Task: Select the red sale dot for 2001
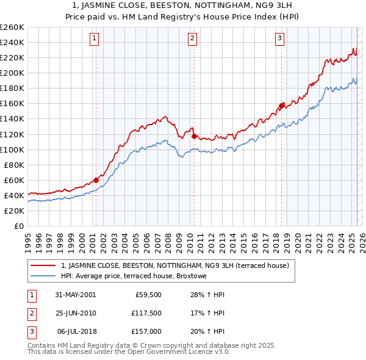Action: click(96, 180)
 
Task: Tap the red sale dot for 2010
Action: click(194, 135)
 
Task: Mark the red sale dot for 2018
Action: click(282, 106)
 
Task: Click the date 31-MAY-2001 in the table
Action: click(75, 294)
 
